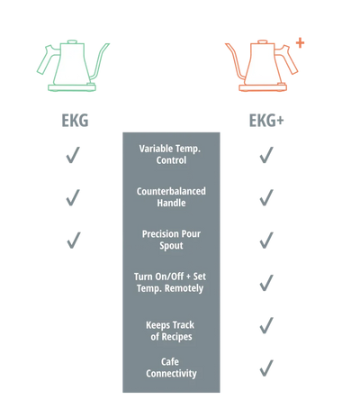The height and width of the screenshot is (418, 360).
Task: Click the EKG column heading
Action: click(x=75, y=121)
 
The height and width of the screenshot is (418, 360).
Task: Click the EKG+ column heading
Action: click(x=266, y=121)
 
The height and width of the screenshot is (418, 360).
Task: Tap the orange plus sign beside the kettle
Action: click(x=300, y=43)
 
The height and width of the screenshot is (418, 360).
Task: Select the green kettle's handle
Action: click(x=47, y=59)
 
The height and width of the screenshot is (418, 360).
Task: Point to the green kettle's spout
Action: click(x=101, y=60)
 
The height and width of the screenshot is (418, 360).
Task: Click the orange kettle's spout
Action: click(x=235, y=60)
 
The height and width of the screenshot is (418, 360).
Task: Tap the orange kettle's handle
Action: click(x=287, y=59)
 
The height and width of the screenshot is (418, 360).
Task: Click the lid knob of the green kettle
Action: click(x=72, y=41)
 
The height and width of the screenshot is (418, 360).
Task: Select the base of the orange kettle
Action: click(x=263, y=87)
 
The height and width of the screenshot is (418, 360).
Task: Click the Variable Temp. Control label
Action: click(x=171, y=154)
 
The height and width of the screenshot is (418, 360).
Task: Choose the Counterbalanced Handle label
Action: click(x=171, y=197)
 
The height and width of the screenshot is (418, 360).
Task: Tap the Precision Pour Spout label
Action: click(x=171, y=240)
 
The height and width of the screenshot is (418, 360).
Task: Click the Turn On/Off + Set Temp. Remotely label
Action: click(x=170, y=282)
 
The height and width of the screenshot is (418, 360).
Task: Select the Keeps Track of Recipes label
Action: click(x=170, y=331)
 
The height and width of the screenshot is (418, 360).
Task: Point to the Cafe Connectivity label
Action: click(x=171, y=368)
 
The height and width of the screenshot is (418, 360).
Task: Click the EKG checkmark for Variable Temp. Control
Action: click(x=73, y=155)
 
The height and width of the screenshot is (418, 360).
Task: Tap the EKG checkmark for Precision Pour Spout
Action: click(x=74, y=241)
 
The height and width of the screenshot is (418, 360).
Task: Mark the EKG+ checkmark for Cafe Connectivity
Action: click(x=266, y=368)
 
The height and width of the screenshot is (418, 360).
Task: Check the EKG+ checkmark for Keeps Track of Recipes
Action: click(x=266, y=325)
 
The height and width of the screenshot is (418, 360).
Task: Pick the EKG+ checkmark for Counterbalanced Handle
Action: click(x=266, y=197)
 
